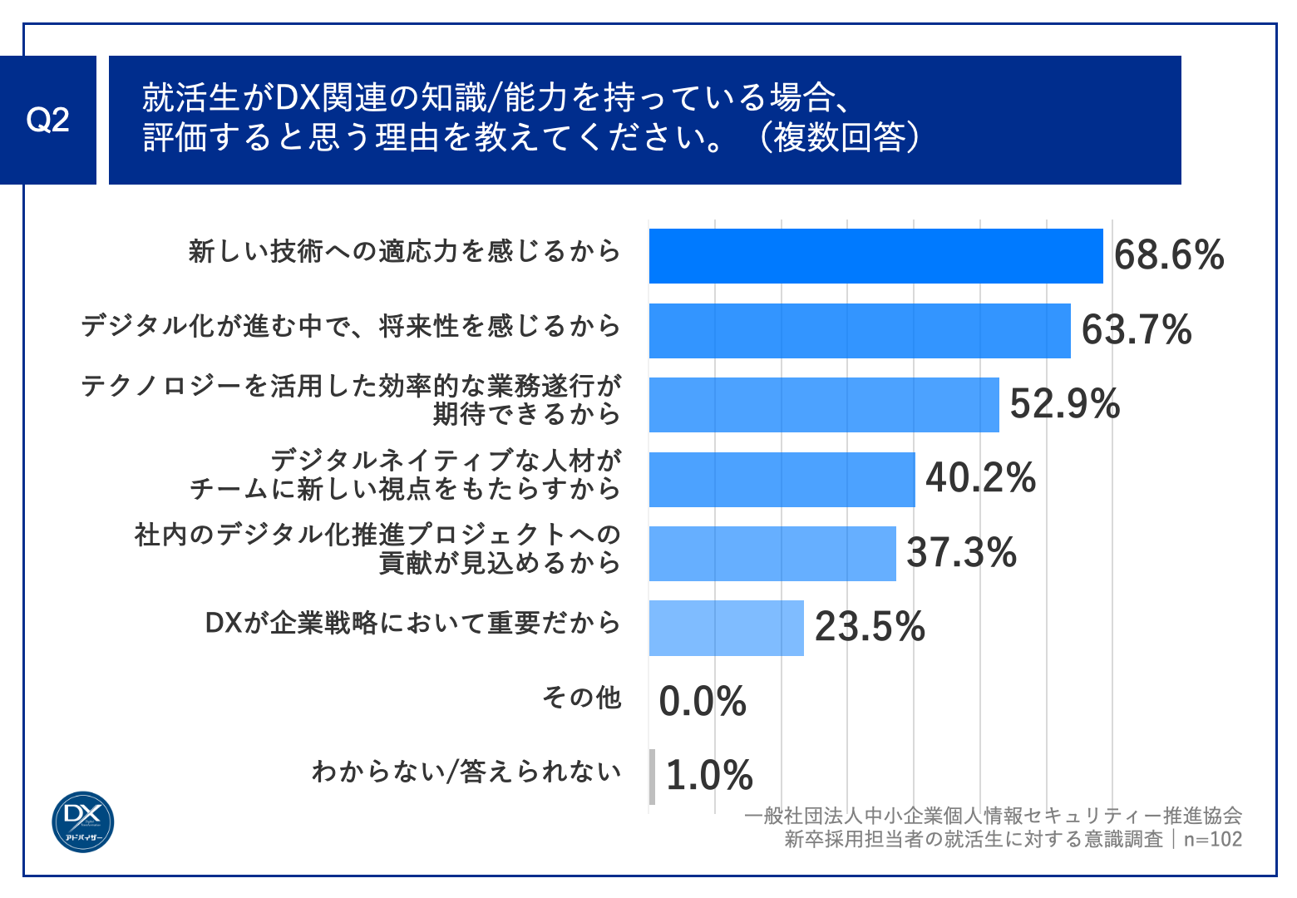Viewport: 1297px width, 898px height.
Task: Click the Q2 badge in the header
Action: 47,121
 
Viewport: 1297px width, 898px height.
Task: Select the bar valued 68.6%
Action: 875,256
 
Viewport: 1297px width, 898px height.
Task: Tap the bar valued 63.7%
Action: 859,331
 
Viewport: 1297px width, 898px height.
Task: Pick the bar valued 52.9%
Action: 823,405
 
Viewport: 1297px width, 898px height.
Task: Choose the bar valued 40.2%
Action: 782,479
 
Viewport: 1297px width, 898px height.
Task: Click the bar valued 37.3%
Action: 772,553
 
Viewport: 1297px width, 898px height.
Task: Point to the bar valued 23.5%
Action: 726,628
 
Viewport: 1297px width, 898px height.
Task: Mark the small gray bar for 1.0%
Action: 652,777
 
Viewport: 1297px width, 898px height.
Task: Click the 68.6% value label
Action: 1168,255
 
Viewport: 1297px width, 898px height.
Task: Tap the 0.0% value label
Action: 703,702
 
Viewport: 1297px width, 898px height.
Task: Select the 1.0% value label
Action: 709,776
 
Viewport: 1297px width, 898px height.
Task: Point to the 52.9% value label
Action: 1064,404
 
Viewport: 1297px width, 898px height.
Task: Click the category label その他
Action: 581,697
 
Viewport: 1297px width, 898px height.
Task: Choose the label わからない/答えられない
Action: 466,772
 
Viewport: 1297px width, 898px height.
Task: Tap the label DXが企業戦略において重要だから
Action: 412,623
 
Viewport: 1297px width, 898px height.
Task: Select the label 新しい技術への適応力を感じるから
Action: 405,251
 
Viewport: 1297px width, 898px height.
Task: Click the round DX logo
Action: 83,822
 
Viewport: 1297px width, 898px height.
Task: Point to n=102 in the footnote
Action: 1212,839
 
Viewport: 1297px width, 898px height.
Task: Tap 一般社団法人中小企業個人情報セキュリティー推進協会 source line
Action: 993,816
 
